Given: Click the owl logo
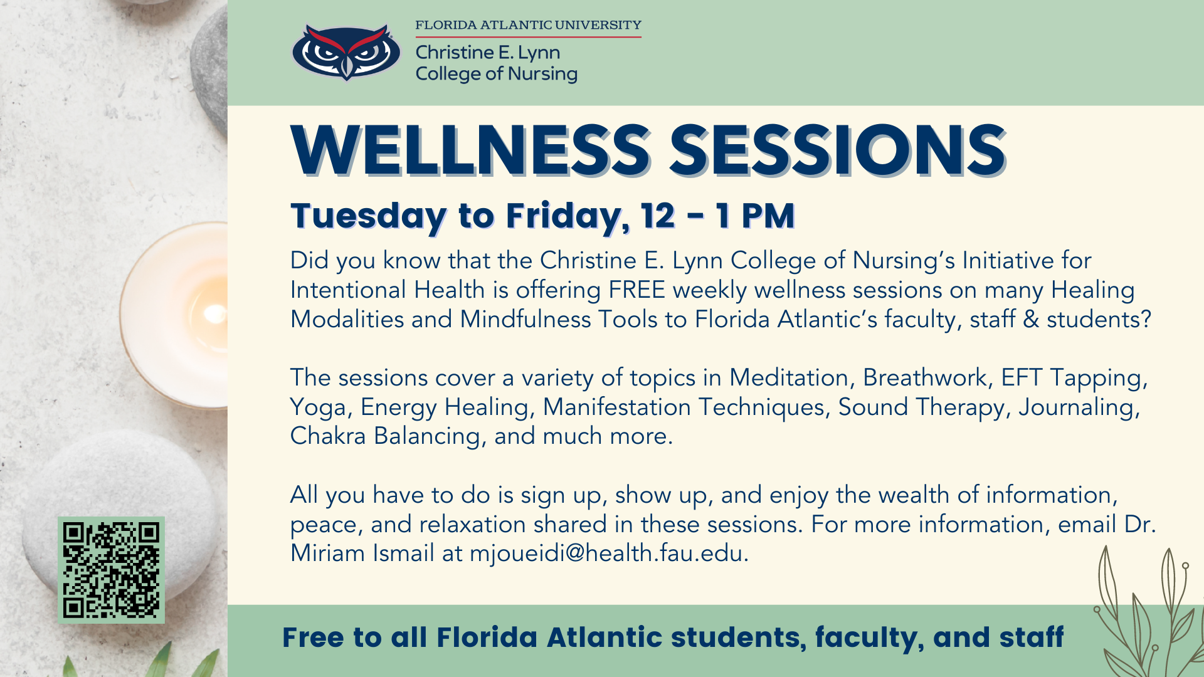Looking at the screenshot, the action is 346,52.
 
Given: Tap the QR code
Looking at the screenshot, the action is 111,570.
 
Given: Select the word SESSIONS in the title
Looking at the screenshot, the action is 838,150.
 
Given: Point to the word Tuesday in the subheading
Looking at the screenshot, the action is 368,216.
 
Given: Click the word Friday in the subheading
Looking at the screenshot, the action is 568,216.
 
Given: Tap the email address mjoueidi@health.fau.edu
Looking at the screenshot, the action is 606,554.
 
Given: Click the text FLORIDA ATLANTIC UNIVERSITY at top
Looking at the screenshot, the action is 528,25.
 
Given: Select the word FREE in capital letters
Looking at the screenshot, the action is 636,290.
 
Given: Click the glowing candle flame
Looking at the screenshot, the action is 214,313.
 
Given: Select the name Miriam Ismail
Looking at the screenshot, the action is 362,554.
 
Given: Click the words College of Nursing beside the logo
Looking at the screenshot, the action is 496,74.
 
